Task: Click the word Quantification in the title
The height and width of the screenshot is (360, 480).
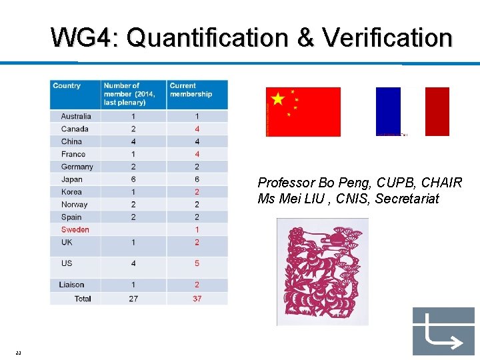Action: tap(207, 38)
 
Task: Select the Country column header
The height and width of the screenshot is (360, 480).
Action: tap(67, 86)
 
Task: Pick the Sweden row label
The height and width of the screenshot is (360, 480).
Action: tap(75, 229)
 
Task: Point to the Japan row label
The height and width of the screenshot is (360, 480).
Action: tap(71, 179)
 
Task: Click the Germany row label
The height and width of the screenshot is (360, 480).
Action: tap(77, 167)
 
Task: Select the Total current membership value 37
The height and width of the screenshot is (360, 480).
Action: tap(197, 299)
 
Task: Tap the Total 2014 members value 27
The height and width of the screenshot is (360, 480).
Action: tap(133, 299)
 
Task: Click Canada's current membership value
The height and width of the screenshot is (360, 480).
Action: tap(197, 129)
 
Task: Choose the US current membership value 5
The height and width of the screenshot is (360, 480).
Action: tap(197, 263)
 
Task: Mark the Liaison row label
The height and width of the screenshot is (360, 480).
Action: tap(72, 285)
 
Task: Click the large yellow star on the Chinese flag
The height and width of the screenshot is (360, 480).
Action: tap(278, 99)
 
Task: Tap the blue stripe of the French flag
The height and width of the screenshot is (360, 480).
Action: tap(388, 111)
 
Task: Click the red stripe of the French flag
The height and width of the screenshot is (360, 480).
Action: tap(437, 111)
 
